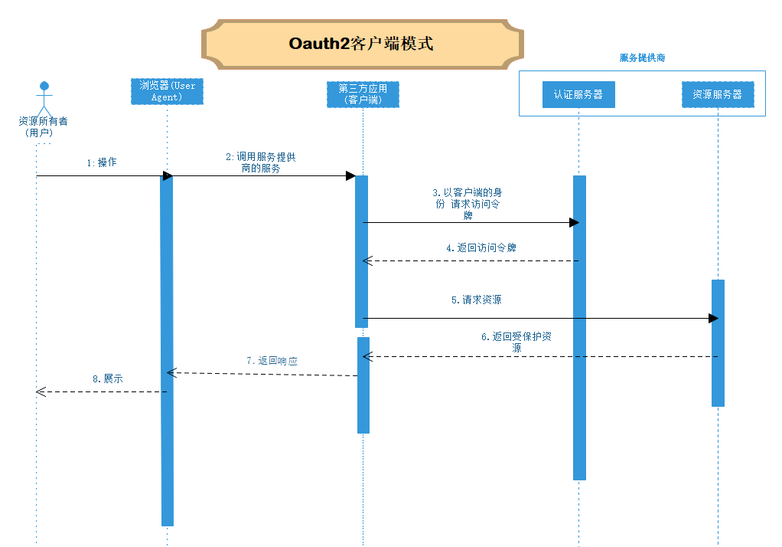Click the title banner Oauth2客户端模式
[x=362, y=43]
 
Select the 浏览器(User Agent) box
[x=167, y=91]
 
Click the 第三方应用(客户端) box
[x=363, y=93]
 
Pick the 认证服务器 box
[x=578, y=94]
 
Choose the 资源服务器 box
[x=717, y=94]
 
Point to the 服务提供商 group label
[x=641, y=58]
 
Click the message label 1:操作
[x=101, y=162]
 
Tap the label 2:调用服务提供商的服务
[x=260, y=162]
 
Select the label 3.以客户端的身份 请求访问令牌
[x=468, y=204]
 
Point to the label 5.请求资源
[x=476, y=300]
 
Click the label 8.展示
[x=107, y=378]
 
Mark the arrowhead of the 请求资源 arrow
[x=714, y=318]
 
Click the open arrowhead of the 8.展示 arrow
[x=41, y=391]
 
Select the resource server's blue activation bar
[x=718, y=343]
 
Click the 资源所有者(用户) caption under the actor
[x=42, y=126]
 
